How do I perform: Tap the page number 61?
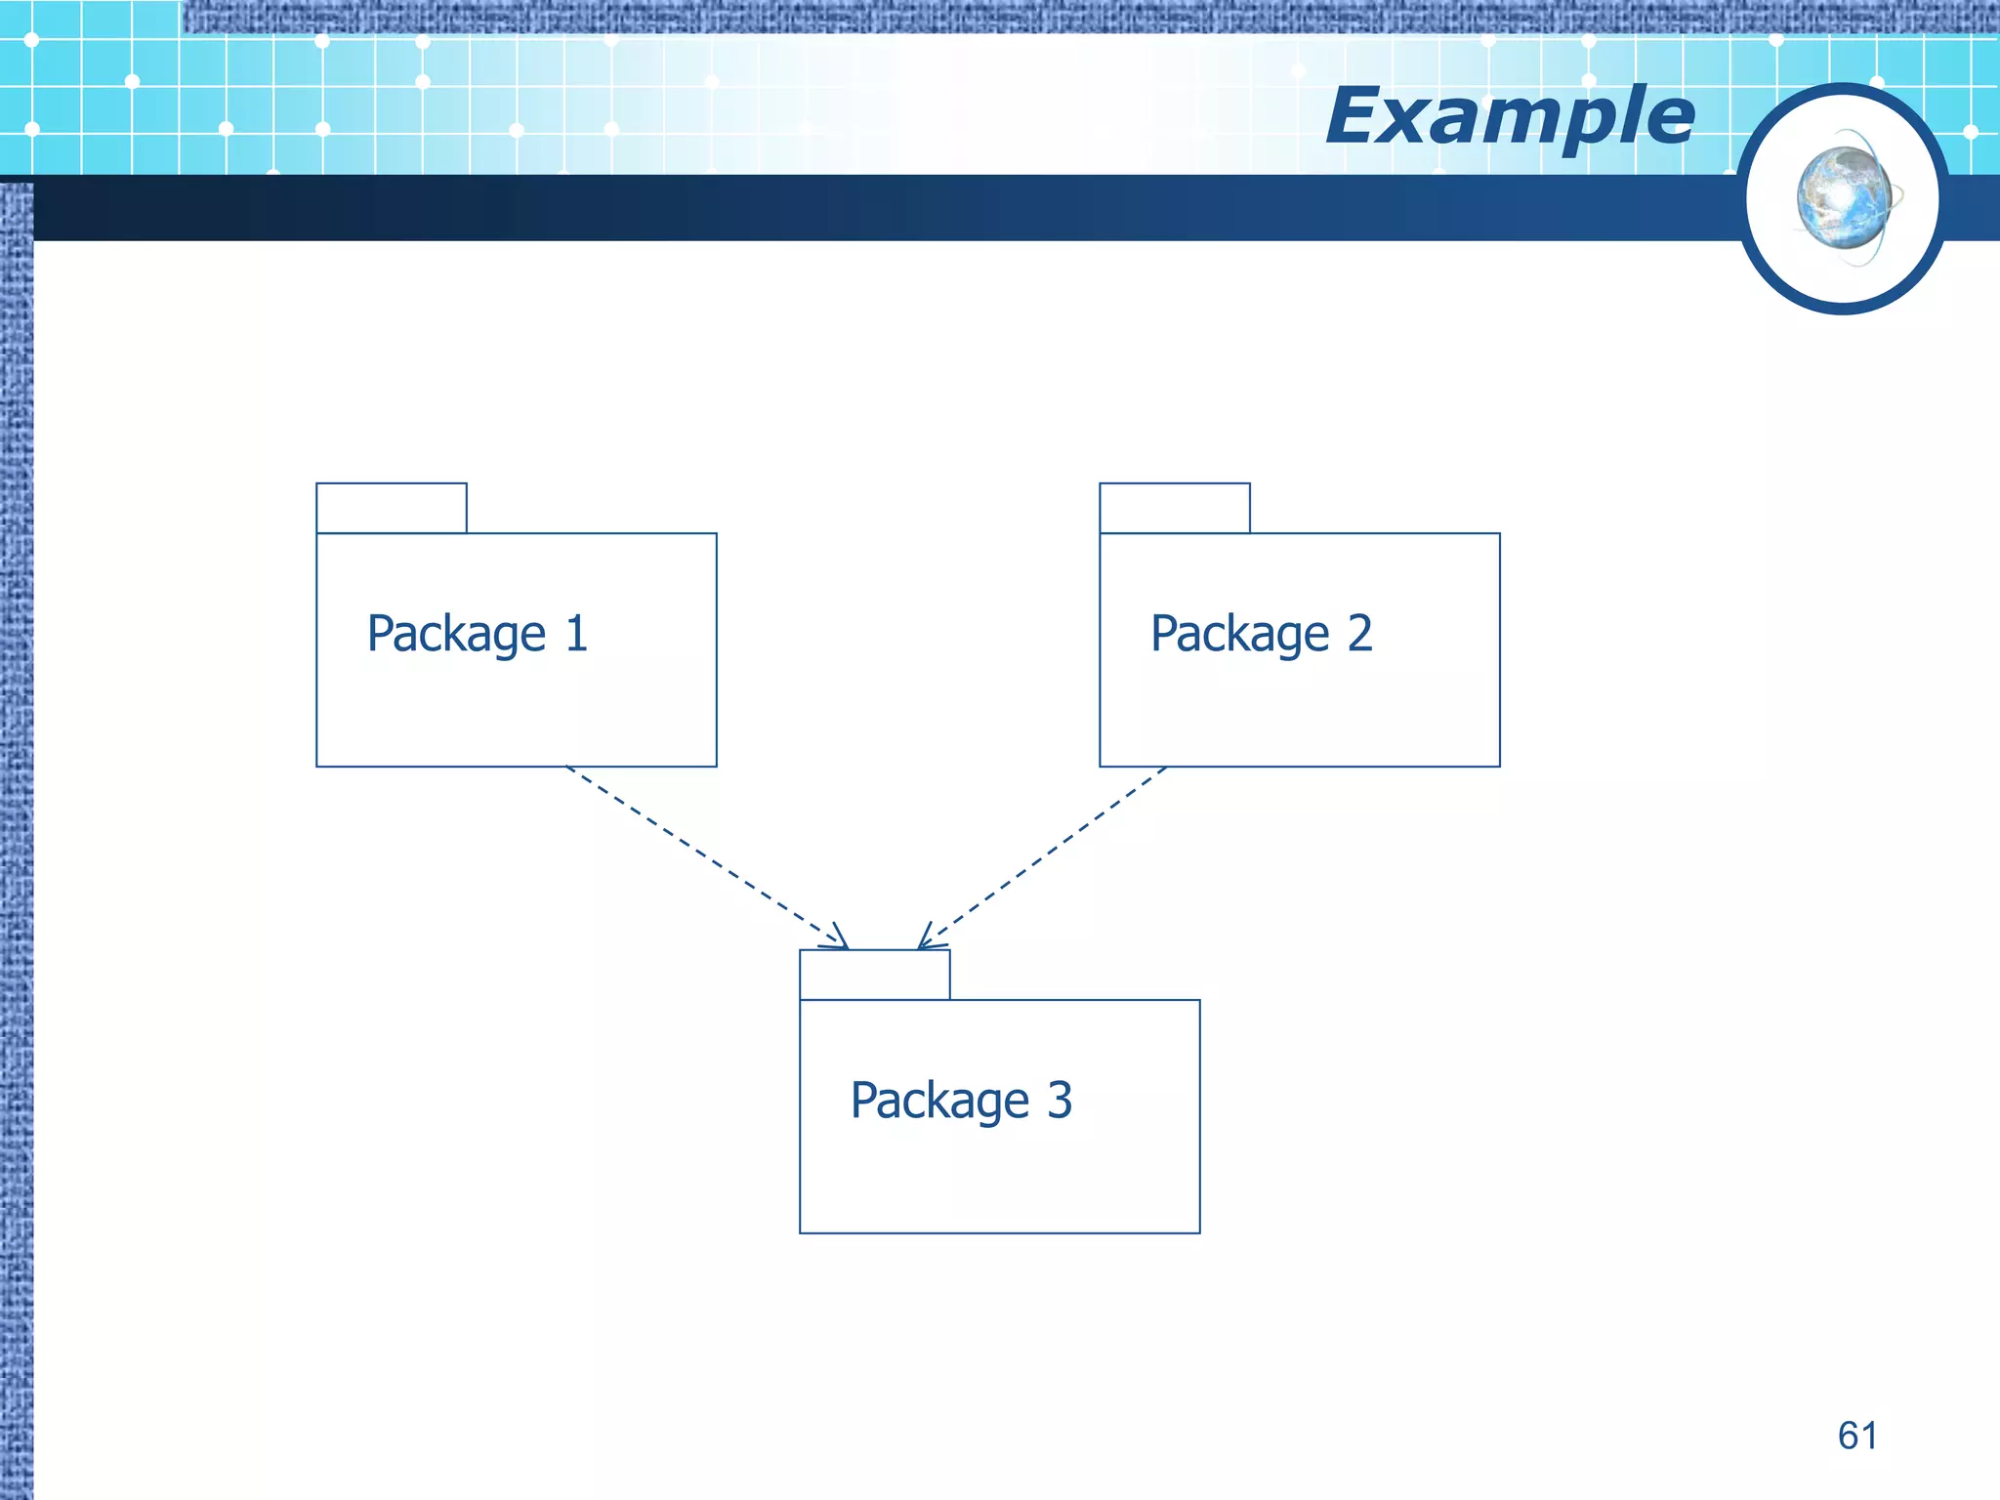[1856, 1436]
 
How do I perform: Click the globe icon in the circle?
[1844, 198]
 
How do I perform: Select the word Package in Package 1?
[456, 635]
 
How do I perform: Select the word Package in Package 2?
[1239, 635]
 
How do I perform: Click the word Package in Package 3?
[939, 1102]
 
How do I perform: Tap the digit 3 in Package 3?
[1060, 1101]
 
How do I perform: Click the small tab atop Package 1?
[392, 508]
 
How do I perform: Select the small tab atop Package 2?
[1175, 508]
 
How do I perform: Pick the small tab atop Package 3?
[874, 975]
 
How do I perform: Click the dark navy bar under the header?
[879, 209]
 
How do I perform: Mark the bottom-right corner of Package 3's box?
[1199, 1232]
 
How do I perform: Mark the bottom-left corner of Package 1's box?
[317, 766]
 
